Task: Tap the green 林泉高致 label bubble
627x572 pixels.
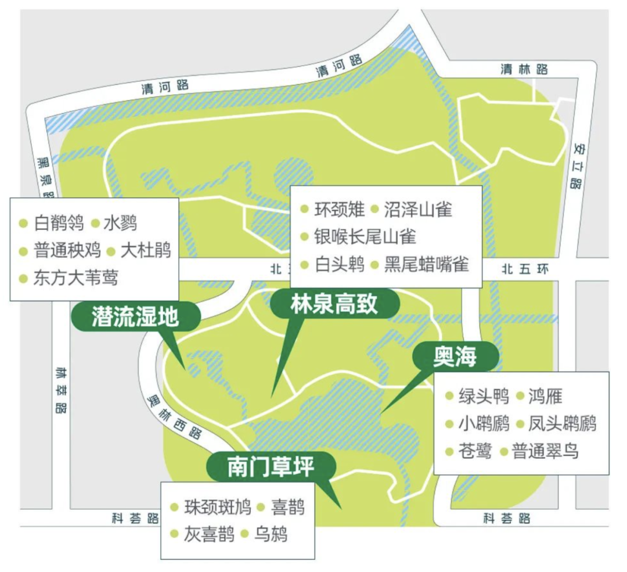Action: pos(334,304)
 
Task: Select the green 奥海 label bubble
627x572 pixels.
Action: pos(455,357)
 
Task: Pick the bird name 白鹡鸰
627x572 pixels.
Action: pos(59,222)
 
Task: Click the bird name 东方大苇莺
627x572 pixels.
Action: pos(75,278)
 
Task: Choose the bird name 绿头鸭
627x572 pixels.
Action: pos(484,396)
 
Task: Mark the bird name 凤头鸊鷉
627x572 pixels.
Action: pos(562,423)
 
